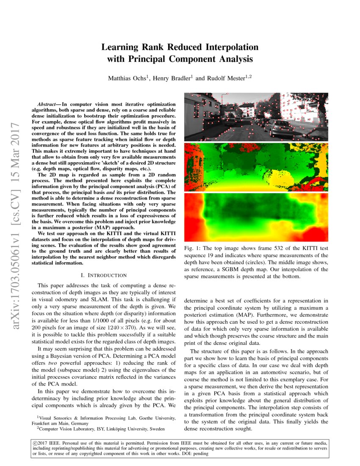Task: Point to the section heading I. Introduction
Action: click(x=103, y=276)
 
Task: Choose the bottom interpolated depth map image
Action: click(x=257, y=217)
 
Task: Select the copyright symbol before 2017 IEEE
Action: click(x=35, y=443)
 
